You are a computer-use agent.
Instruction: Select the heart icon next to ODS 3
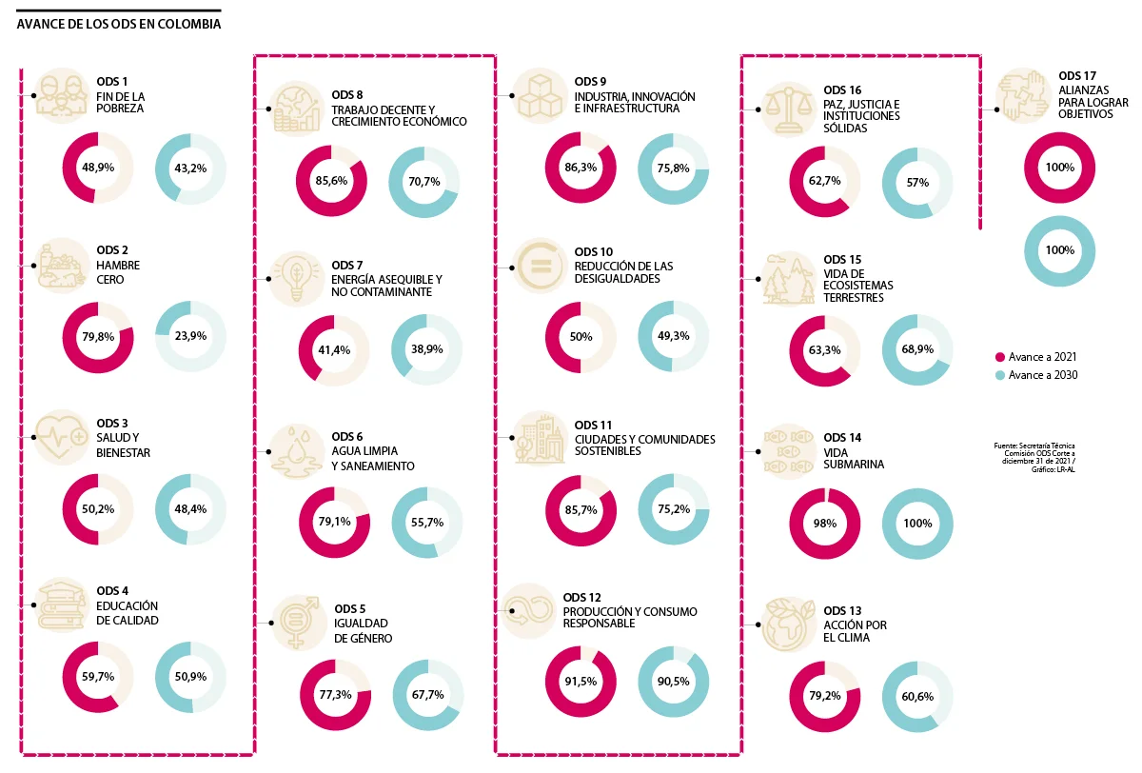(x=62, y=438)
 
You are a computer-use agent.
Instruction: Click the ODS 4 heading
(x=112, y=591)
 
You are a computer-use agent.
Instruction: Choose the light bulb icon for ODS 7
(x=296, y=277)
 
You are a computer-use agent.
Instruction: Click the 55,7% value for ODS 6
(x=427, y=522)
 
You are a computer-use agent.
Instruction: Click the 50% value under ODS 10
(x=581, y=337)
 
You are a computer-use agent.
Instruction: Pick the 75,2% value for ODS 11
(x=673, y=510)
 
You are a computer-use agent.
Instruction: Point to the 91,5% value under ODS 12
(x=581, y=682)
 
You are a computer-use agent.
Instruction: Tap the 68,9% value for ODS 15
(x=917, y=350)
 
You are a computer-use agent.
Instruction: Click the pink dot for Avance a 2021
(x=999, y=357)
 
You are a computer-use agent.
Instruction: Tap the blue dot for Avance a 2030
(x=999, y=375)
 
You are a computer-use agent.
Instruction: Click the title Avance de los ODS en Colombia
(x=119, y=24)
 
